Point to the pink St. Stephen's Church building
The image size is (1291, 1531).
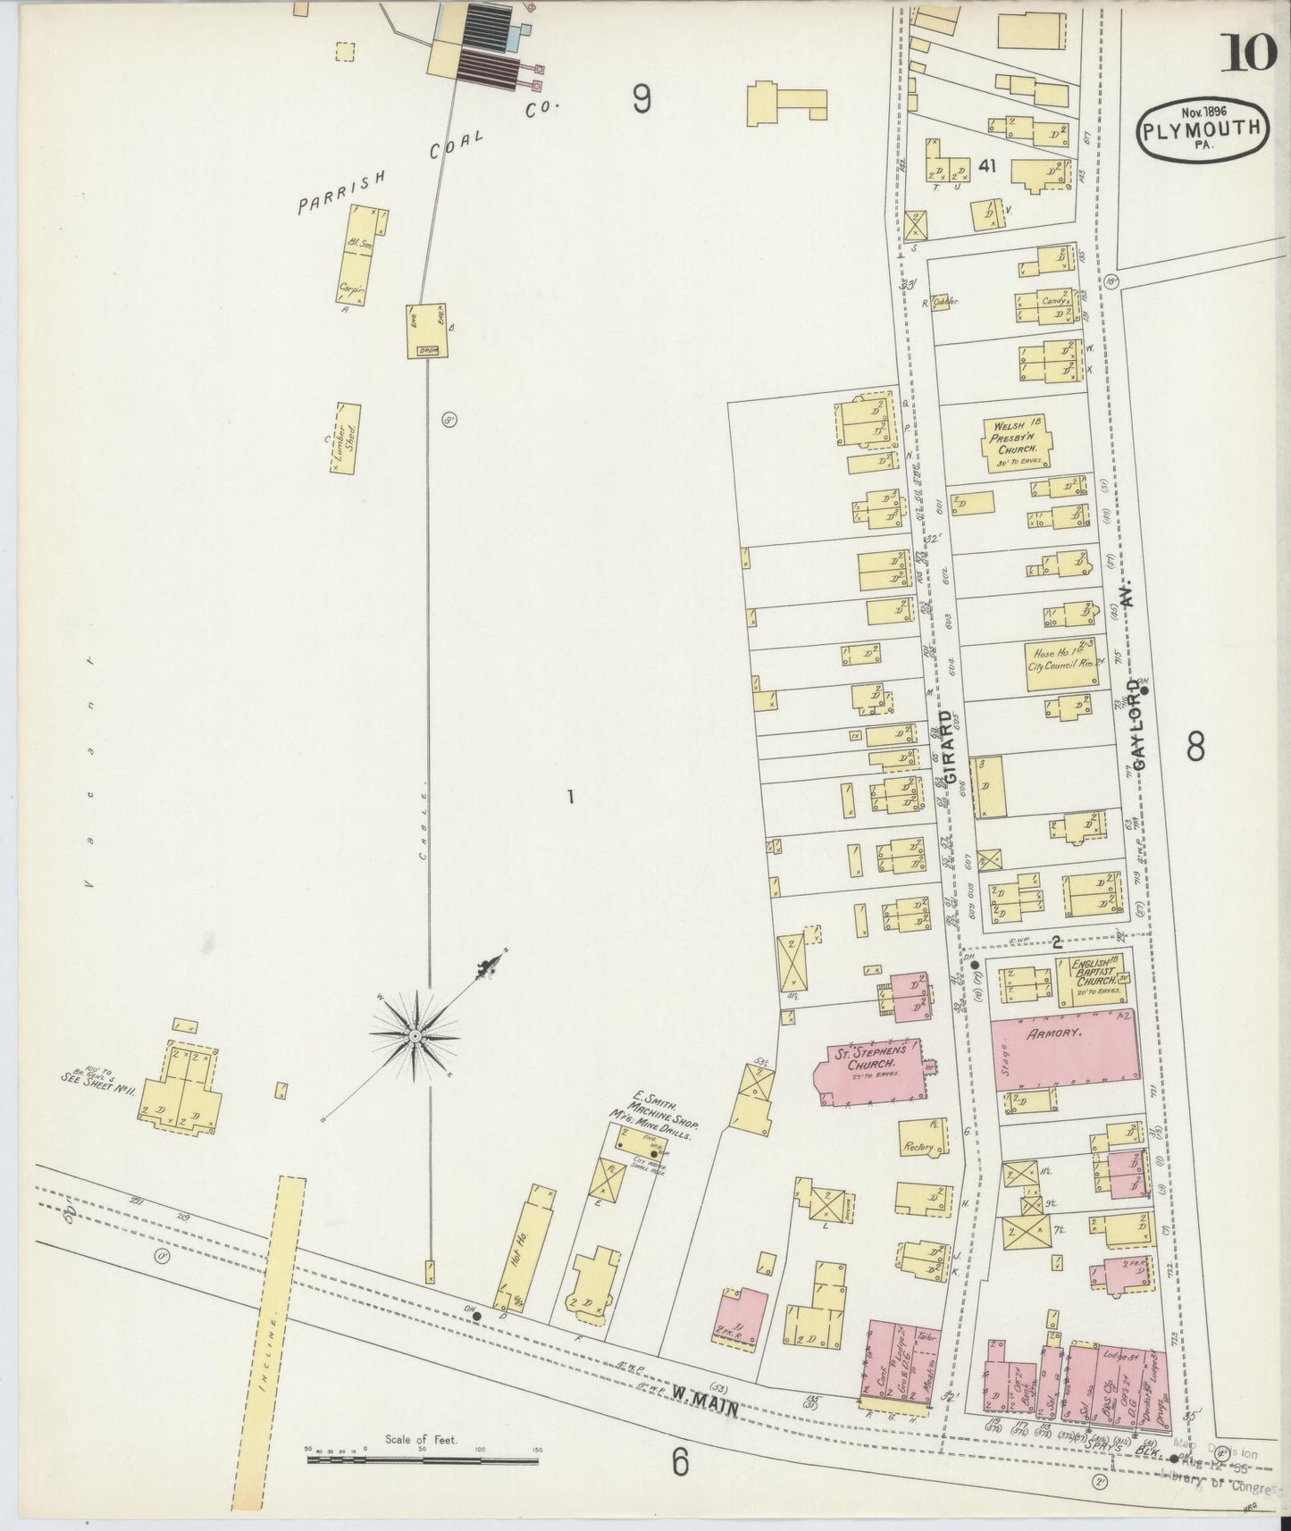[x=868, y=1071]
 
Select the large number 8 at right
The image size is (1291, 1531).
[x=1196, y=746]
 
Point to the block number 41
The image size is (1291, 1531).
[x=987, y=166]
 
